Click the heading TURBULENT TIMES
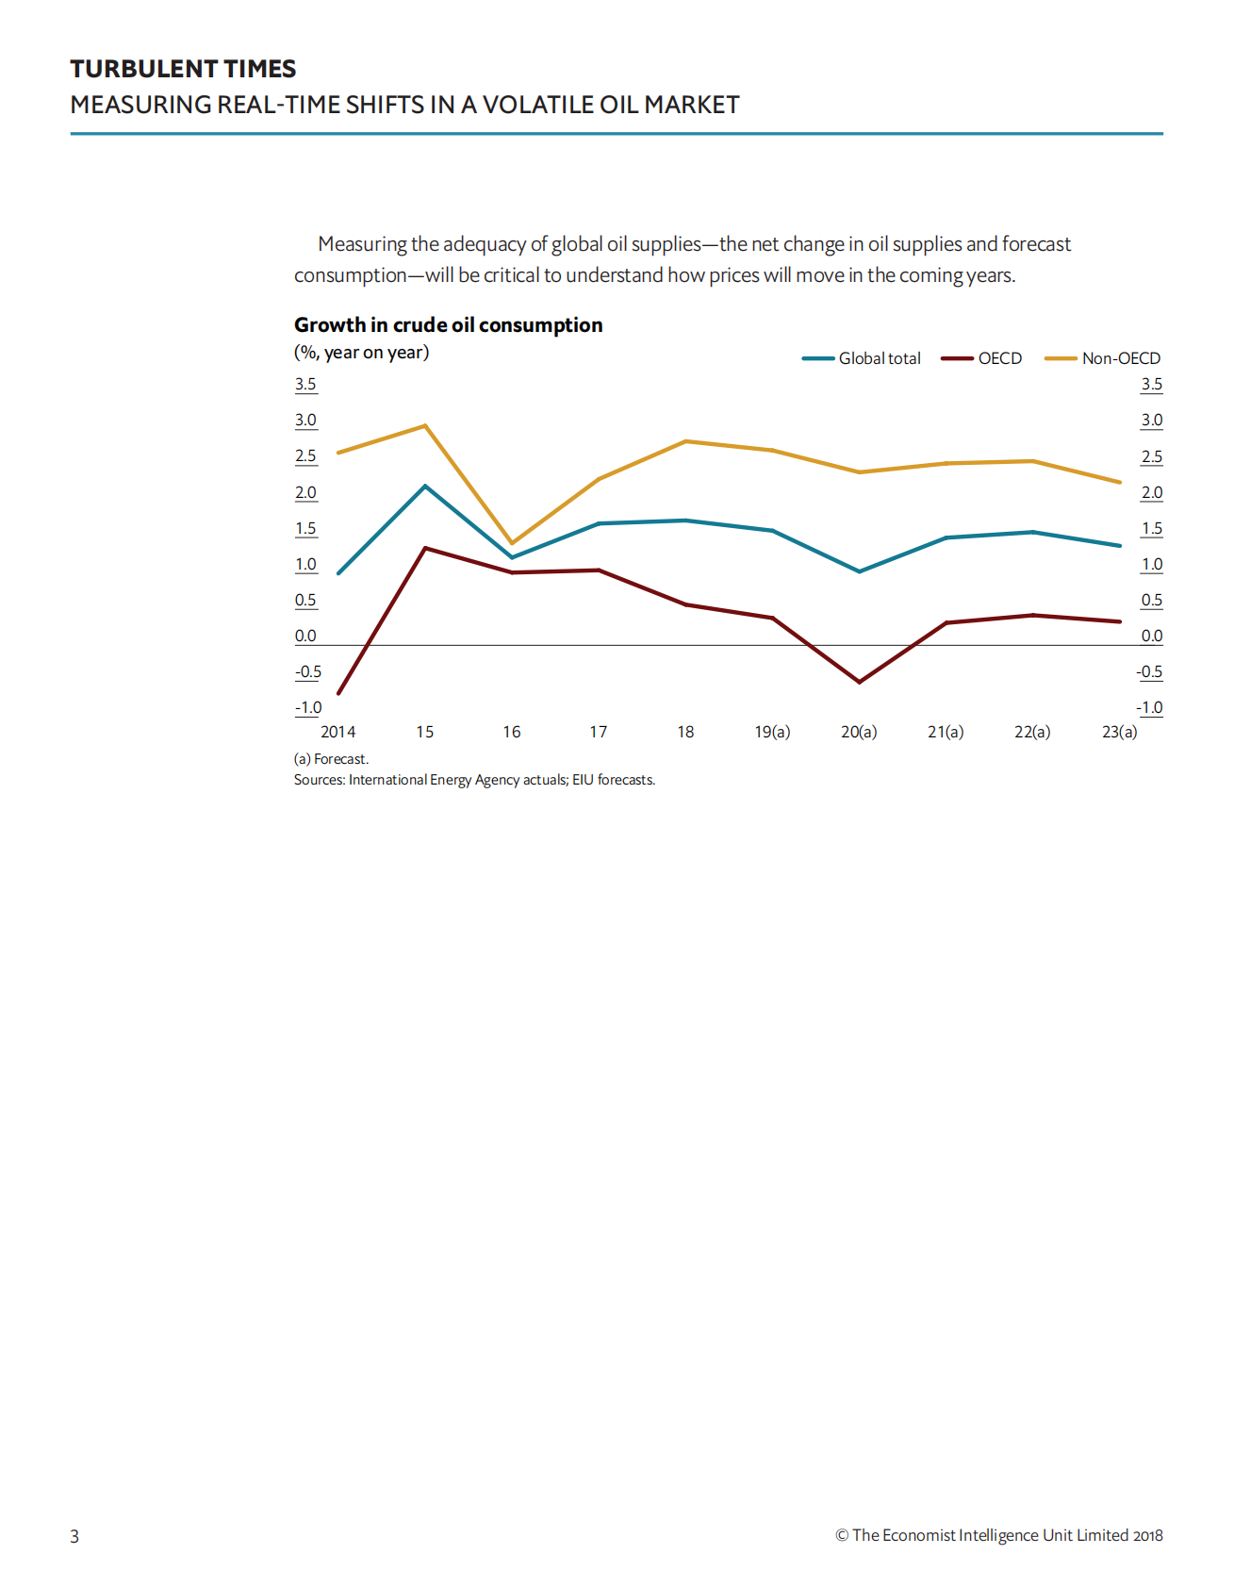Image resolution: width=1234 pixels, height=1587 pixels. tap(183, 69)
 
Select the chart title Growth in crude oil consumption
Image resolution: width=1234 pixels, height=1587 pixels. tap(448, 325)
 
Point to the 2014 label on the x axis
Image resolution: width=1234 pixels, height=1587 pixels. tap(337, 732)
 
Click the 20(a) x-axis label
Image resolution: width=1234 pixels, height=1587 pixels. tap(859, 732)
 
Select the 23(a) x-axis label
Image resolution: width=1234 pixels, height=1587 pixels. tap(1119, 732)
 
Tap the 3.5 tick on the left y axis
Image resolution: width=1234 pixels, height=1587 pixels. tap(305, 385)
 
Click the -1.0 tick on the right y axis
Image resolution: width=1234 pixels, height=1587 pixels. tap(1150, 708)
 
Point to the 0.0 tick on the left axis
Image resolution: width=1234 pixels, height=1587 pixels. tap(305, 636)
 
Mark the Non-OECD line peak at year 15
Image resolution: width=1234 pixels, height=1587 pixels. tap(425, 425)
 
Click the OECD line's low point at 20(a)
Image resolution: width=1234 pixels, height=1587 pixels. tap(859, 682)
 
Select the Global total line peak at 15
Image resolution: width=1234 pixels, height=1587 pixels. tap(425, 486)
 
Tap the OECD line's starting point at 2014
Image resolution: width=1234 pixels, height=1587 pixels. tap(338, 693)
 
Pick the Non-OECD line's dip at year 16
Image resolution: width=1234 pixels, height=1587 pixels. tap(512, 543)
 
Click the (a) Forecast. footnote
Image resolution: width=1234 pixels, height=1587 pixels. tap(331, 759)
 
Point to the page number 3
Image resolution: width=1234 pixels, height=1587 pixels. tap(74, 1536)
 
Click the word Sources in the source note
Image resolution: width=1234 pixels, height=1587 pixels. tap(319, 780)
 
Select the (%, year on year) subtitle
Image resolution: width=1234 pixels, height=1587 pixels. tap(361, 353)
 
